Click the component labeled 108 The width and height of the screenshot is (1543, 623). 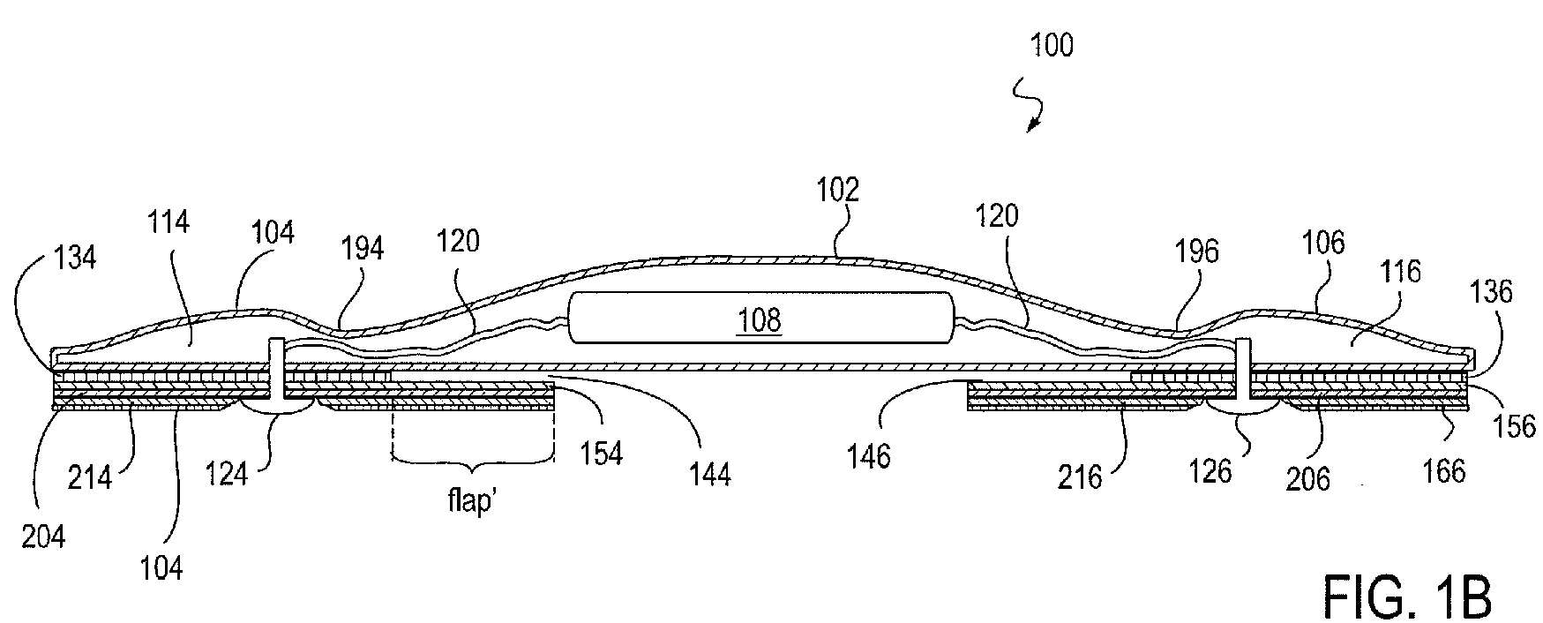(759, 319)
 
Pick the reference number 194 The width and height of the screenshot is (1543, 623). (363, 250)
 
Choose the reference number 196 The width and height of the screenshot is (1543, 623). (1196, 251)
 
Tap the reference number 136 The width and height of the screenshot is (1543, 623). (1491, 292)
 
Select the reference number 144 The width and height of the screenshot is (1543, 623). (710, 475)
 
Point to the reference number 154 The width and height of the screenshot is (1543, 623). (602, 453)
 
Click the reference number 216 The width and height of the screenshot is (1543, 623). (1080, 477)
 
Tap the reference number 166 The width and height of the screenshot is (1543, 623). (1444, 473)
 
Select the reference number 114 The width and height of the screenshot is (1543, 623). (169, 222)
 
